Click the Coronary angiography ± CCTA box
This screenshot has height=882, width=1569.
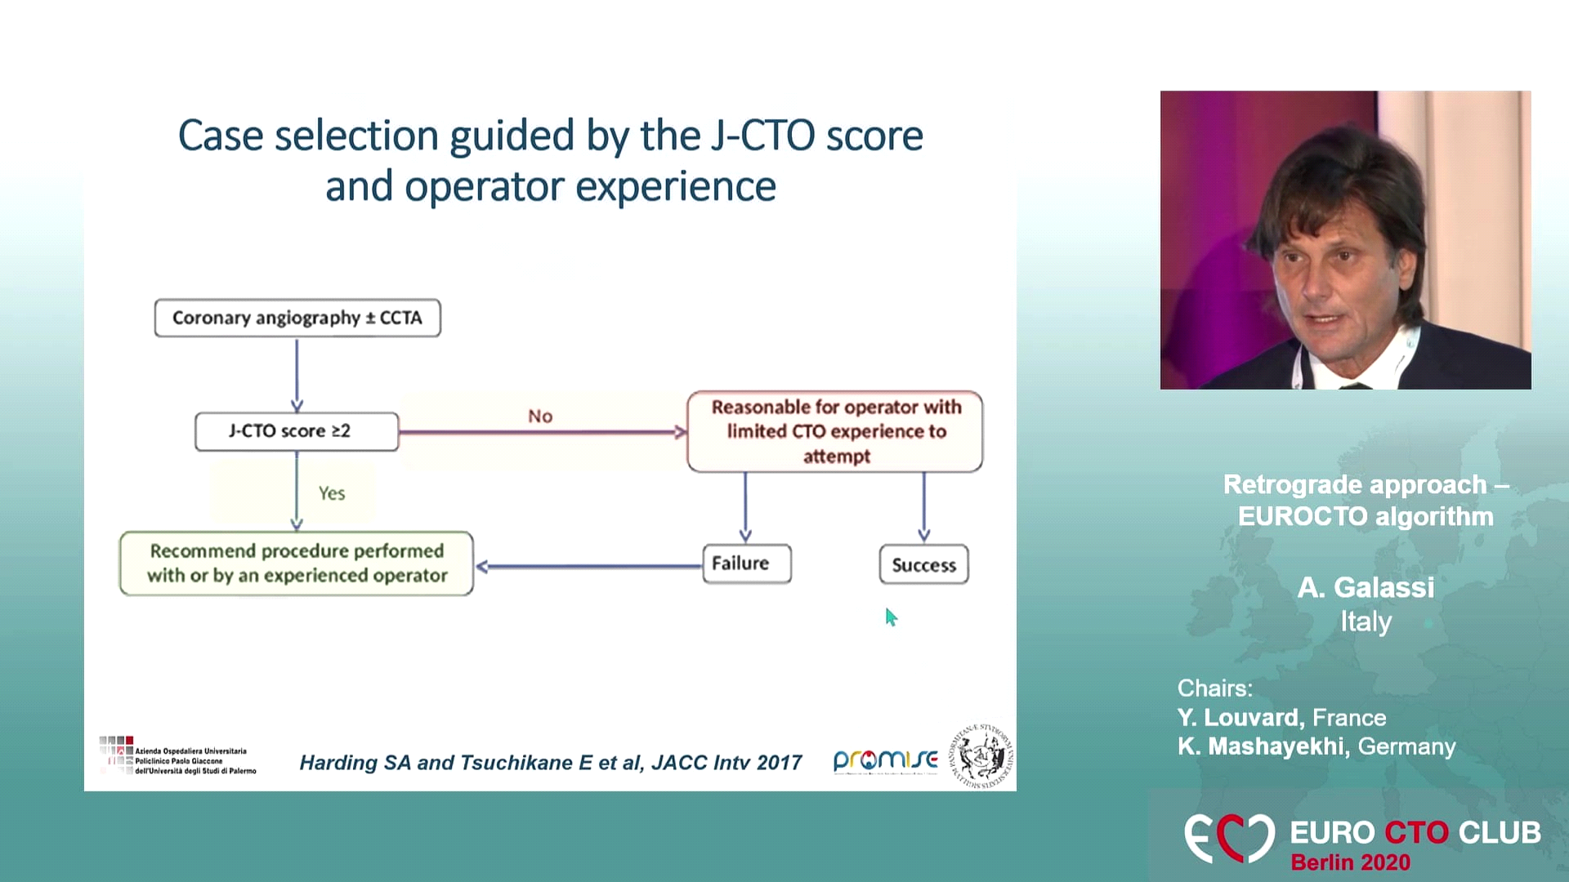pos(297,318)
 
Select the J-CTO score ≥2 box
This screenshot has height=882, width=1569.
pos(296,431)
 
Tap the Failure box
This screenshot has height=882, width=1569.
pos(746,563)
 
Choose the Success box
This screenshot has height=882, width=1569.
pos(923,565)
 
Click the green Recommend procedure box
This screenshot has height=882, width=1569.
pos(296,563)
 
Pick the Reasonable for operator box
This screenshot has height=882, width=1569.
pos(834,431)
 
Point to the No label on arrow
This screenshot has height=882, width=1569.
pos(540,416)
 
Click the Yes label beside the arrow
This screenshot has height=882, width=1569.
pos(332,493)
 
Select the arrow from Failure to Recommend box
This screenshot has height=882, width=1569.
pos(588,566)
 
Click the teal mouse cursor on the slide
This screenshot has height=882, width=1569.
pos(890,617)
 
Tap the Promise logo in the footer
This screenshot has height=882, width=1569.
pos(884,760)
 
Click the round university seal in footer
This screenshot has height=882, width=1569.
pos(980,756)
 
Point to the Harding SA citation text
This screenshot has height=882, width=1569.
pos(550,763)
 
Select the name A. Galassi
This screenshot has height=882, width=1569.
pos(1365,587)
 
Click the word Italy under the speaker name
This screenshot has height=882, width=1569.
pos(1365,622)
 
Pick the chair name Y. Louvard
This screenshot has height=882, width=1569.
pos(1240,718)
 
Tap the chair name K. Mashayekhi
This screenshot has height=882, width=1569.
pos(1261,746)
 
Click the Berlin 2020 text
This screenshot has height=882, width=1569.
pos(1350,862)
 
